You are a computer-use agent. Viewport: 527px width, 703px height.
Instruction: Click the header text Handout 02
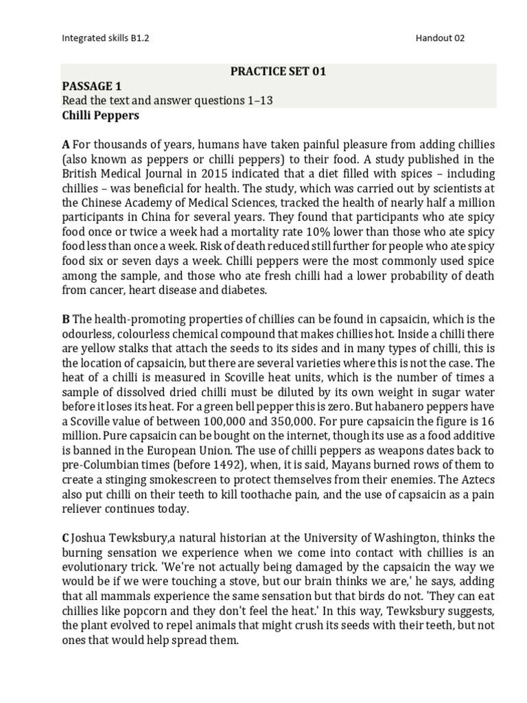tap(440, 38)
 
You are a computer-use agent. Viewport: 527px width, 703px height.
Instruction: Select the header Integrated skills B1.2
tap(105, 38)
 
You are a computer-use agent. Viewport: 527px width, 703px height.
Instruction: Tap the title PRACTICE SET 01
tap(278, 71)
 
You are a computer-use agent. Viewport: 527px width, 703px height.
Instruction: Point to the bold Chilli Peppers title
tap(100, 115)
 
